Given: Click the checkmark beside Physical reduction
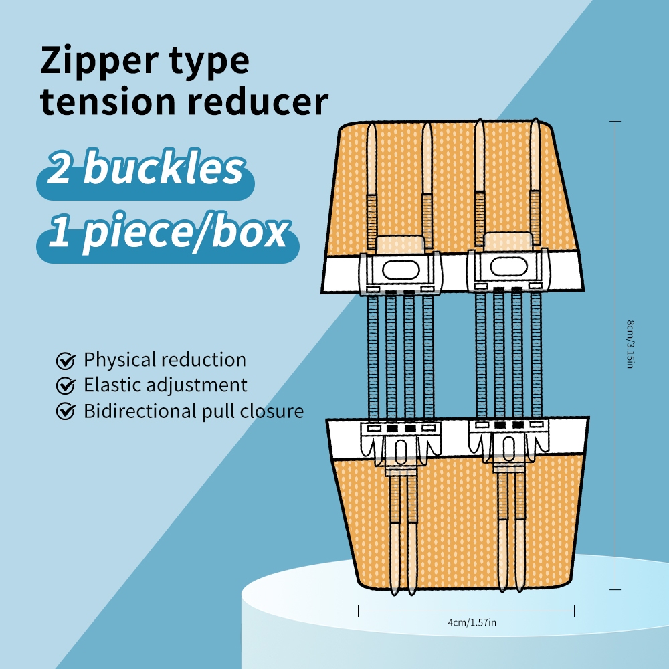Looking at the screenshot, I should pyautogui.click(x=65, y=361).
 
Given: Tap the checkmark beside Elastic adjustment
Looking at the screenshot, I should pyautogui.click(x=65, y=386).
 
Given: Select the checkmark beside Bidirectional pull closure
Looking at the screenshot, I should pyautogui.click(x=65, y=411).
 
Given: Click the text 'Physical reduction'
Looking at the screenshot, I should pyautogui.click(x=165, y=360).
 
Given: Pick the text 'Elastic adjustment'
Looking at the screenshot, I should pyautogui.click(x=165, y=385).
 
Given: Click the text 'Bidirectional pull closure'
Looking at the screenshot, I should pyautogui.click(x=193, y=411).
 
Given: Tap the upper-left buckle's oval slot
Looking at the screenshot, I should pyautogui.click(x=401, y=271).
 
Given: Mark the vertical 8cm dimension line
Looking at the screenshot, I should pyautogui.click(x=615, y=268).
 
